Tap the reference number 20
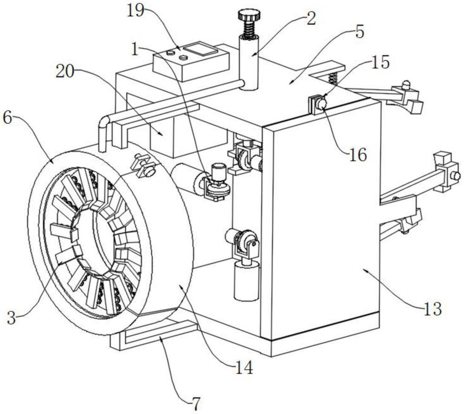coord(65,71)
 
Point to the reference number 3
coord(12,318)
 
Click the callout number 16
coord(358,155)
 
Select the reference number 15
coord(380,63)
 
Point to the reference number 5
coord(360,32)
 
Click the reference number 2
coord(311,19)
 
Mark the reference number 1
coord(135,50)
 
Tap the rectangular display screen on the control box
coord(200,49)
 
